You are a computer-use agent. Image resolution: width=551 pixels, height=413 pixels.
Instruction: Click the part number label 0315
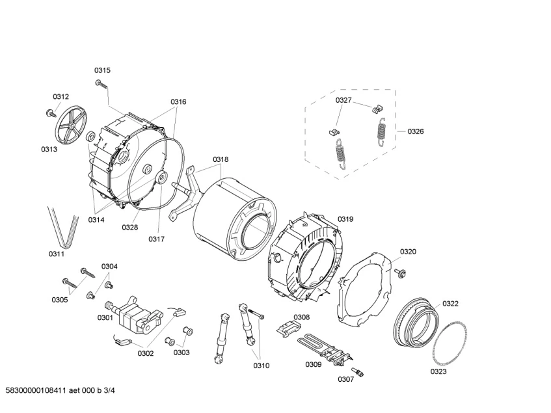click(x=102, y=70)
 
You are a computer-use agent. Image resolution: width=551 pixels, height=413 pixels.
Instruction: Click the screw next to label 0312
click(x=51, y=114)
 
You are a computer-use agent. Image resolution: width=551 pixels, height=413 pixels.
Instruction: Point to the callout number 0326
click(x=416, y=131)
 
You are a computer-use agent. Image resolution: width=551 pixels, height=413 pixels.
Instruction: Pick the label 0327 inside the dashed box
click(x=343, y=100)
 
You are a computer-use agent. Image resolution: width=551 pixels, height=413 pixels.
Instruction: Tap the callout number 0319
click(x=345, y=219)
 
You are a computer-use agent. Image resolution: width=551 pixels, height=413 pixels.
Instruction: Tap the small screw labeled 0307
click(x=360, y=371)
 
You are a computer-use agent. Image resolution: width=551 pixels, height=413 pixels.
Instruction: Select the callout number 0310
click(x=262, y=366)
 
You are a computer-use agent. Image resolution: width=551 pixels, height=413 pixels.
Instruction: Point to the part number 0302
click(x=146, y=353)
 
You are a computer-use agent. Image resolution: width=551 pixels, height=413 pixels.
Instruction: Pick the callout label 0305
click(x=59, y=300)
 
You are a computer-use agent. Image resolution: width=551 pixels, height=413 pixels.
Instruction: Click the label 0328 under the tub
click(x=130, y=228)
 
